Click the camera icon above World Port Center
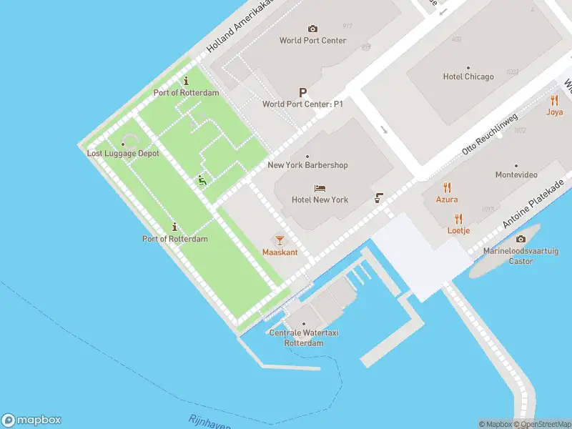(312, 29)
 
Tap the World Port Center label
(312, 41)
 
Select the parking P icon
(302, 92)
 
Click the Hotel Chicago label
(468, 77)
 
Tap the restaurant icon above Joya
(554, 100)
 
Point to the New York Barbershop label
(307, 165)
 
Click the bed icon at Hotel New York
(320, 188)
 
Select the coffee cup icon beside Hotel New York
(378, 198)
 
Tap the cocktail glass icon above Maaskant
(280, 240)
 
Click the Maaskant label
(280, 252)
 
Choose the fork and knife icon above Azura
(448, 187)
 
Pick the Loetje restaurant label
(458, 231)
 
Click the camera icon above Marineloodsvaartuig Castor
(521, 239)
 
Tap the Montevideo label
(516, 174)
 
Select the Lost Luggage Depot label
(123, 154)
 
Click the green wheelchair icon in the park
(202, 181)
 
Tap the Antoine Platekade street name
(529, 204)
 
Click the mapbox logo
(31, 420)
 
